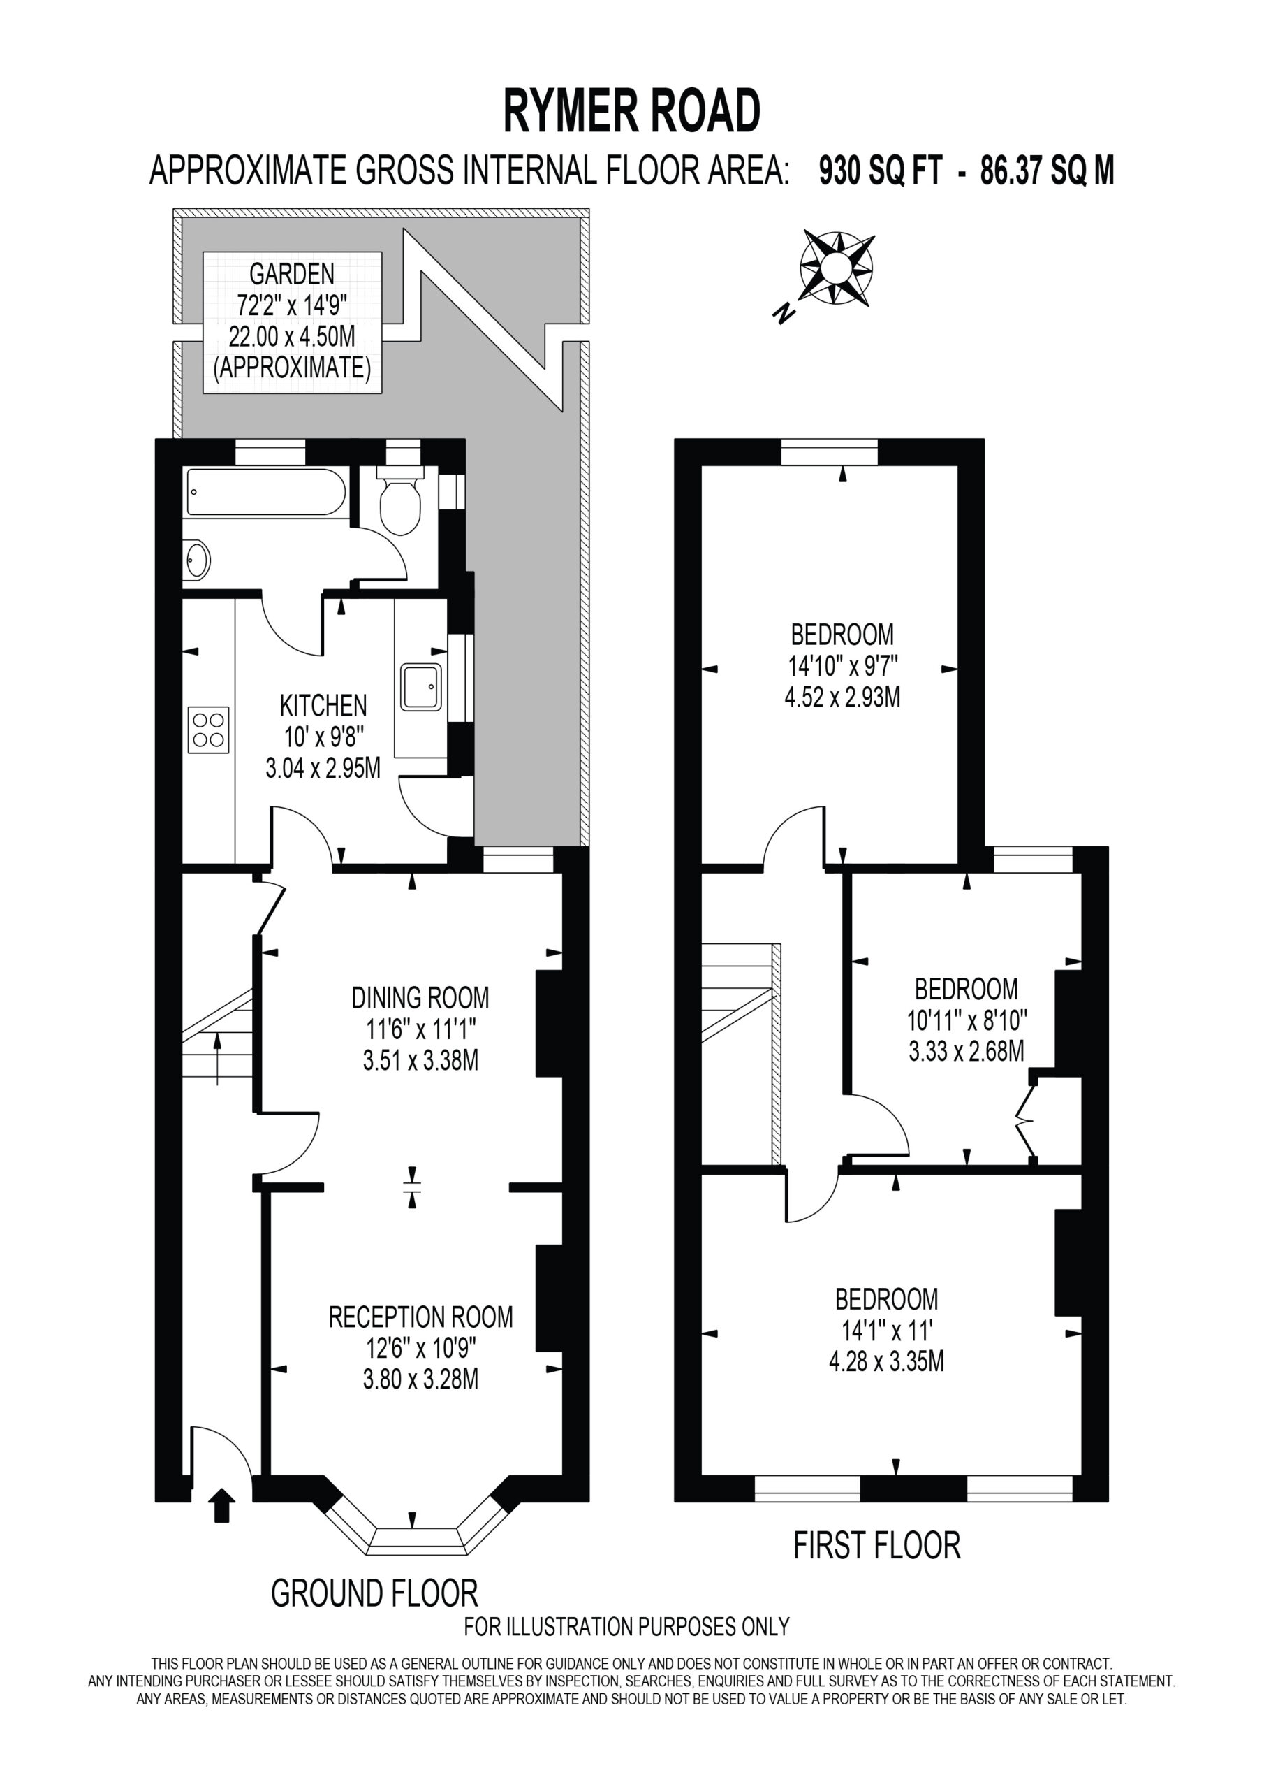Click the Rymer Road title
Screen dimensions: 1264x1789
[x=631, y=110]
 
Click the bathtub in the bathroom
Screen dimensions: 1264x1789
[x=265, y=492]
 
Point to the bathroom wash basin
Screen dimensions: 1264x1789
[x=197, y=560]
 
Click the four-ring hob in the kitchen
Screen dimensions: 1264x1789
[x=208, y=730]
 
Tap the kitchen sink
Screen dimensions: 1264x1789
[x=420, y=686]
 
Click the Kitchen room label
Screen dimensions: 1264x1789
[x=323, y=705]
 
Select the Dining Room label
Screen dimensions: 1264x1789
[x=420, y=997]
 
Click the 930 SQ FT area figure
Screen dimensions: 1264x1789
[x=881, y=171]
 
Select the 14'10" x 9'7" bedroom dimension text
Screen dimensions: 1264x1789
[x=843, y=666]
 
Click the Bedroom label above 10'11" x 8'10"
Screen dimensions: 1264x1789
[x=967, y=989]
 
